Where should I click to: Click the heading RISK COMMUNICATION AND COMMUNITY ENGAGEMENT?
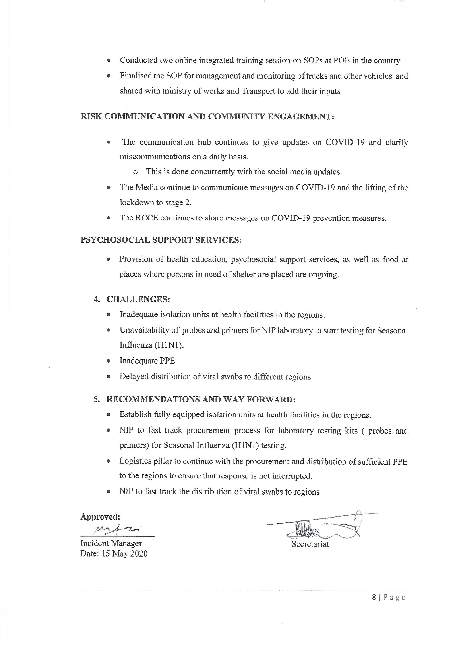[207, 116]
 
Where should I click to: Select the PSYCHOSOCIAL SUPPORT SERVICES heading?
[161, 240]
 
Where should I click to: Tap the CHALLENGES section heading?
[138, 299]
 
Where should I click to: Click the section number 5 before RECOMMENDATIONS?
[97, 399]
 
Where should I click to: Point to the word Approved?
[100, 517]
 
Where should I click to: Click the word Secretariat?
[310, 544]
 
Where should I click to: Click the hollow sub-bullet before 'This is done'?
[135, 172]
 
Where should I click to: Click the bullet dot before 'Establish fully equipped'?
[108, 415]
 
